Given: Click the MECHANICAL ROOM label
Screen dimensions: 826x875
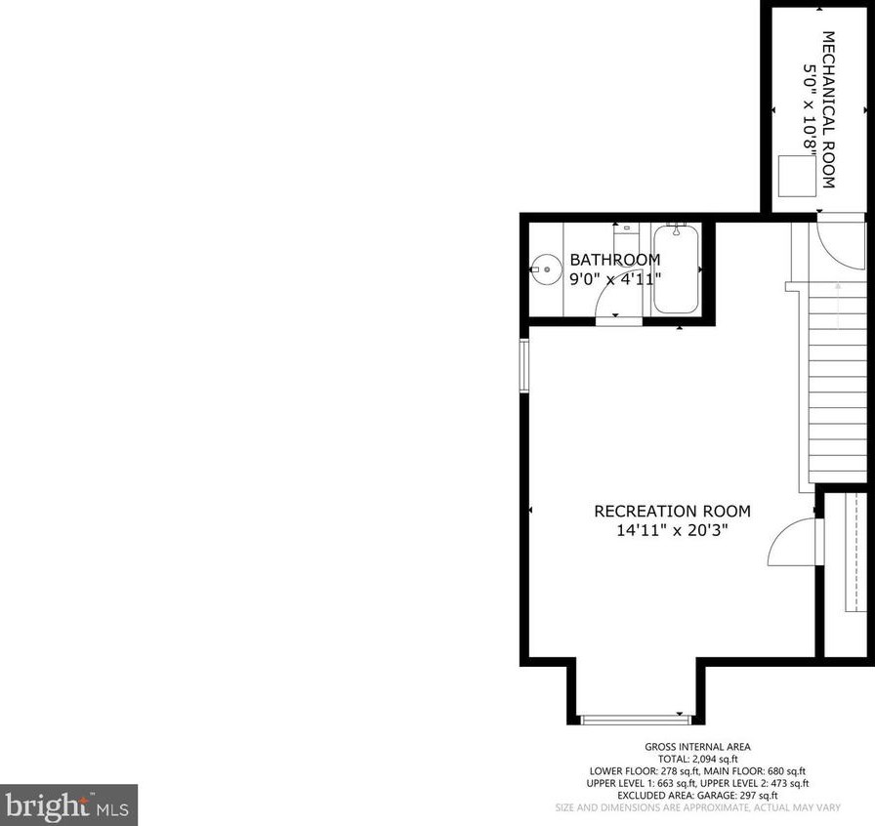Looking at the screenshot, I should (828, 109).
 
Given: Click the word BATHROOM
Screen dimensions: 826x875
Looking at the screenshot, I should (615, 260).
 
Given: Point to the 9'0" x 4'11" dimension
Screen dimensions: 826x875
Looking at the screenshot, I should (615, 277).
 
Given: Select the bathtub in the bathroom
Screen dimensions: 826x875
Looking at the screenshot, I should (675, 268).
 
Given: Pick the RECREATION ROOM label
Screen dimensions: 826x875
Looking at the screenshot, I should (673, 511).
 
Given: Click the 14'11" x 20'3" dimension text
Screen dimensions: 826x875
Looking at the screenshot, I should (673, 530).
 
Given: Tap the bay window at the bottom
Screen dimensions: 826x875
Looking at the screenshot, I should (636, 720).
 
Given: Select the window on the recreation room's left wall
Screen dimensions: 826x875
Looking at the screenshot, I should (524, 365).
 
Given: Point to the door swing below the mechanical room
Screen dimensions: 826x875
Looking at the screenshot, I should (838, 245).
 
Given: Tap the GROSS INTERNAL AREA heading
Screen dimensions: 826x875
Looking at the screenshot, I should (683, 748).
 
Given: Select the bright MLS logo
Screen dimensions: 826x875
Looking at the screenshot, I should (68, 805).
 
